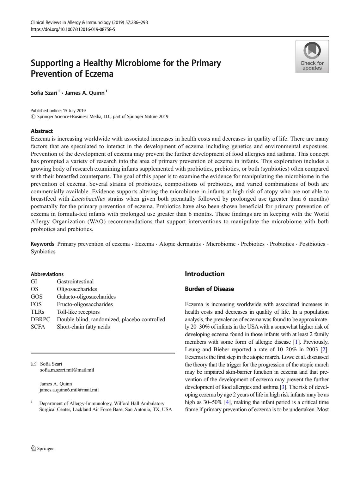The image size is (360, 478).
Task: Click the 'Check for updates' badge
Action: click(x=312, y=57)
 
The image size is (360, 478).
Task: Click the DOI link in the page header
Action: click(x=73, y=29)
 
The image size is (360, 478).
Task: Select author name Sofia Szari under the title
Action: click(x=44, y=93)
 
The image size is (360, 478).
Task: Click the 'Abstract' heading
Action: click(x=42, y=131)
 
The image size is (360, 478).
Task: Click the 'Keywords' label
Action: click(x=42, y=244)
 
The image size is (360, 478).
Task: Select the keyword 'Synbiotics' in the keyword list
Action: click(x=43, y=251)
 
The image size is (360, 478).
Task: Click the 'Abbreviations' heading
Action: click(x=47, y=274)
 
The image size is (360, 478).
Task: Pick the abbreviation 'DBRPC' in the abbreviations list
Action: click(x=40, y=319)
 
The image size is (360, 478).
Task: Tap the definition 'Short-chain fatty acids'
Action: click(x=83, y=327)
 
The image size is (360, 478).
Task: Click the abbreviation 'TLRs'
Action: click(x=37, y=312)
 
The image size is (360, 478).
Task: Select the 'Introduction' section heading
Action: click(x=204, y=274)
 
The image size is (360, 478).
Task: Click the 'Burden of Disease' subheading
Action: click(x=209, y=289)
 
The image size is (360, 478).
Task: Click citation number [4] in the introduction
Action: click(x=227, y=402)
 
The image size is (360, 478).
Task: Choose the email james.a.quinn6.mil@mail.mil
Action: click(x=69, y=390)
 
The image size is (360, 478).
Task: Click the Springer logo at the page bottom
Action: click(x=42, y=448)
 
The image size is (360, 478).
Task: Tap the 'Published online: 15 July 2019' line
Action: click(x=58, y=111)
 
